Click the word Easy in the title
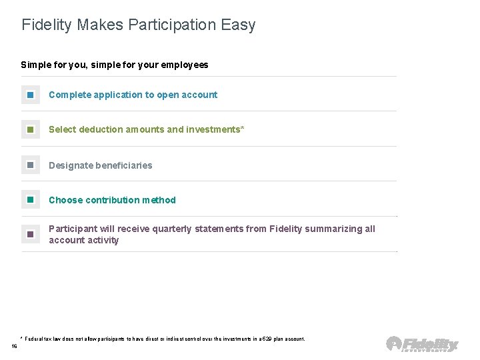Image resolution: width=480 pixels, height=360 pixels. (239, 25)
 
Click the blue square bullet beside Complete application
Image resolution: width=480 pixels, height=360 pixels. (31, 95)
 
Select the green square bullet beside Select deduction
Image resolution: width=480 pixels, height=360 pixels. (31, 129)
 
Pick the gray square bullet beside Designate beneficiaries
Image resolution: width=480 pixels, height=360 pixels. (31, 165)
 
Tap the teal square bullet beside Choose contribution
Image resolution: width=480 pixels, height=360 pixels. (31, 200)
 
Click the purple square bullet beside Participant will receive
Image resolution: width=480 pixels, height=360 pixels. (31, 235)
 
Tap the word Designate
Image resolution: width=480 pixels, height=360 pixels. (71, 165)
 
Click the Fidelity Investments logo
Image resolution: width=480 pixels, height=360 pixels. (422, 344)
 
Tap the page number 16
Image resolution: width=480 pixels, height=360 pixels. (15, 346)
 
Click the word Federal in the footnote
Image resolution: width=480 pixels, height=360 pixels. (35, 339)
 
